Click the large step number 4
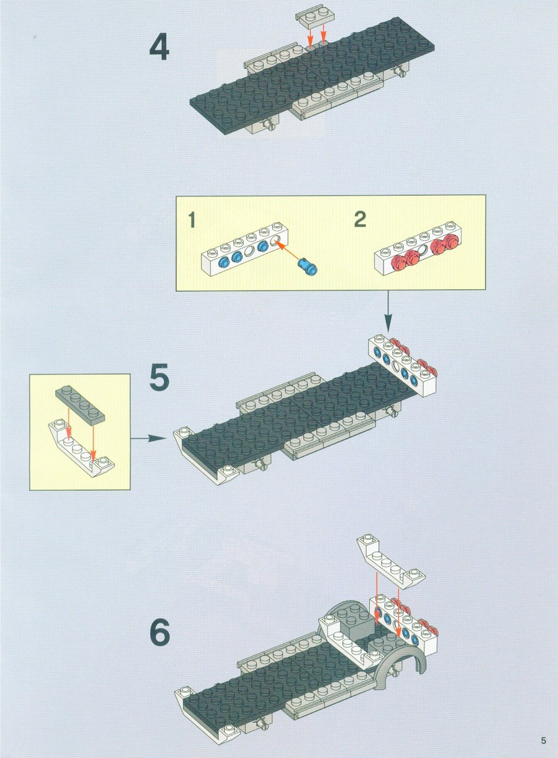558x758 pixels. (159, 46)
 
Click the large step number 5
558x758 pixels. (159, 377)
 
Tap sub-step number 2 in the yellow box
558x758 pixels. (360, 219)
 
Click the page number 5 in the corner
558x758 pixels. (544, 740)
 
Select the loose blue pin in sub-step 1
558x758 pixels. (308, 265)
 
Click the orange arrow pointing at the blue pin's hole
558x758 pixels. (288, 250)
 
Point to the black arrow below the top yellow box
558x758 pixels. (388, 311)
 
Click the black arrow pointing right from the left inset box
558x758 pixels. (149, 438)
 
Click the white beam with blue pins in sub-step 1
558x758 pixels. (245, 250)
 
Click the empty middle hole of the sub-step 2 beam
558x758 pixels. (423, 251)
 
